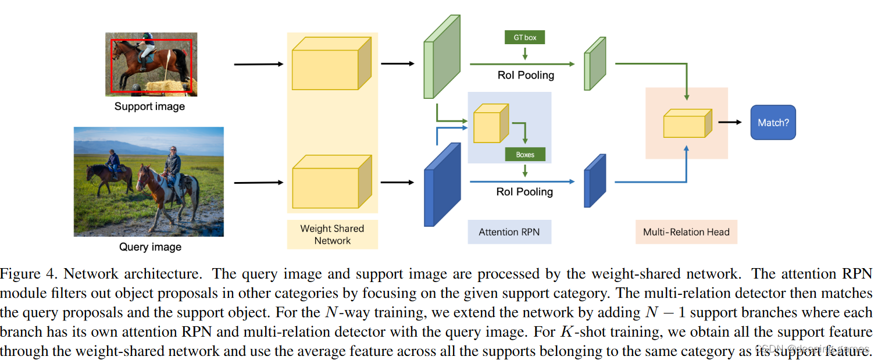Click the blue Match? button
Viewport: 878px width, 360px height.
773,123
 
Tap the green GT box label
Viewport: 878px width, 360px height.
525,38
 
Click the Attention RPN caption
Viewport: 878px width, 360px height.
509,232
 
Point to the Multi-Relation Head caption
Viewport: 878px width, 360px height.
686,232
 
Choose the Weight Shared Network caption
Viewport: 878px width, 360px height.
332,234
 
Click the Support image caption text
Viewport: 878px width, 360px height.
149,106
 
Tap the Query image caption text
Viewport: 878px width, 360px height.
150,247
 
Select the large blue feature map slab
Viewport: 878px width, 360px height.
442,185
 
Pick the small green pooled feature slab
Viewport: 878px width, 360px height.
595,64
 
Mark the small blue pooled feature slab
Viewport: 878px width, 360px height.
595,181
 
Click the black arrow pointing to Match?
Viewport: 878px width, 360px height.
730,122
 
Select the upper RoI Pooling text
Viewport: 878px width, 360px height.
525,75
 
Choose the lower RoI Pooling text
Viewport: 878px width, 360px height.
525,191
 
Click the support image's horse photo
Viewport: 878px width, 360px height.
151,64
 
